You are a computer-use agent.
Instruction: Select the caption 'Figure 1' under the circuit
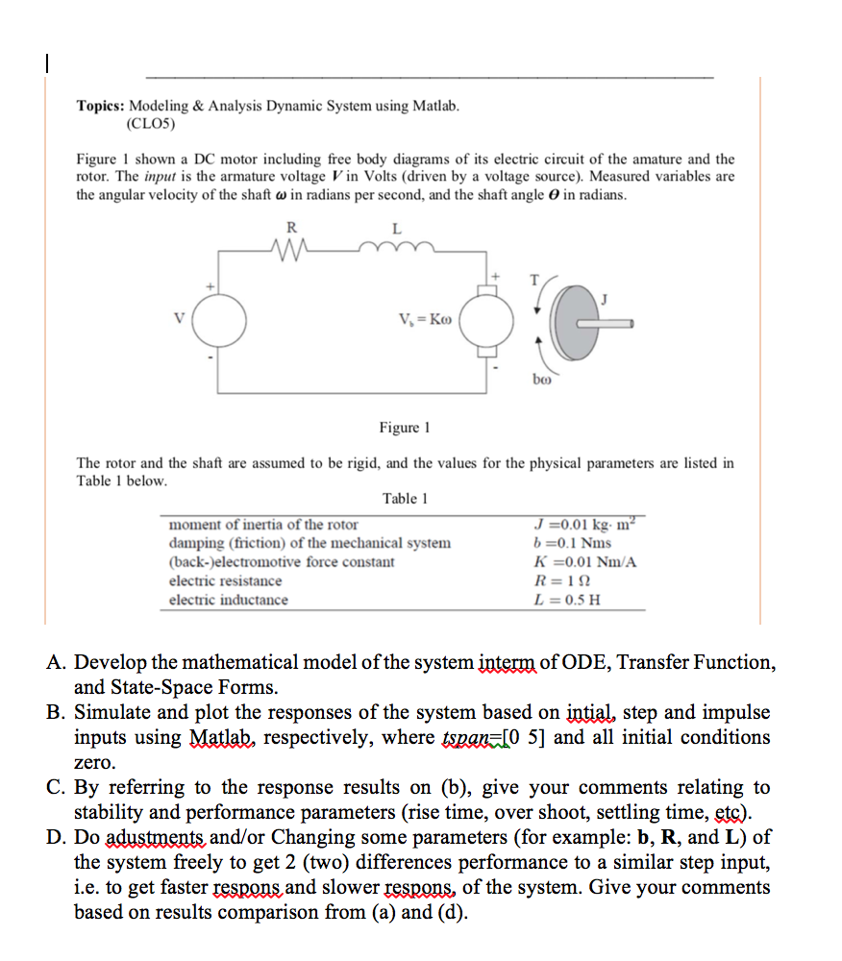tap(405, 427)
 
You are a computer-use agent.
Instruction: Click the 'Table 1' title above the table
tap(405, 498)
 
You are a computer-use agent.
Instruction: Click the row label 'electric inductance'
tap(228, 600)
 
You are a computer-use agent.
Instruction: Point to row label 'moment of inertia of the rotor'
tap(262, 525)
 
